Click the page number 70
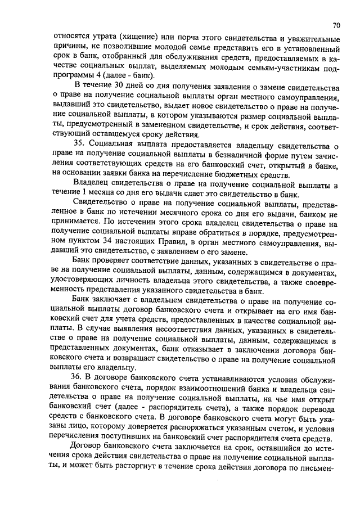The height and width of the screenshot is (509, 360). (336, 25)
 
